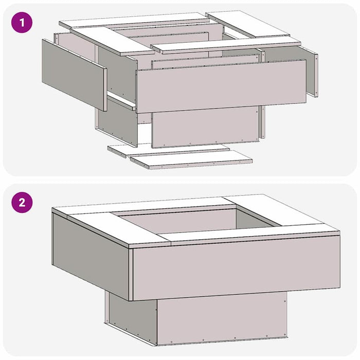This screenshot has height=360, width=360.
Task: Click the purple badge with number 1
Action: click(22, 23)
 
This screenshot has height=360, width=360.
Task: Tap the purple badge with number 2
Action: click(22, 203)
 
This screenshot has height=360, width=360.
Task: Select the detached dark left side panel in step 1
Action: click(74, 75)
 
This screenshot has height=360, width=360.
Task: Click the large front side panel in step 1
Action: click(221, 86)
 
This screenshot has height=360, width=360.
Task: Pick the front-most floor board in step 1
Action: click(191, 160)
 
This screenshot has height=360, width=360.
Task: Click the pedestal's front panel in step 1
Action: click(205, 127)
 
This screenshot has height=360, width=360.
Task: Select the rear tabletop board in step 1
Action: click(134, 21)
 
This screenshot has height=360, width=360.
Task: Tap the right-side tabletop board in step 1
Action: click(247, 24)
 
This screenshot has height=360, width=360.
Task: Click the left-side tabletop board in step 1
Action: click(113, 41)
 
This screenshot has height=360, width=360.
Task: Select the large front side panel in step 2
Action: click(237, 267)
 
